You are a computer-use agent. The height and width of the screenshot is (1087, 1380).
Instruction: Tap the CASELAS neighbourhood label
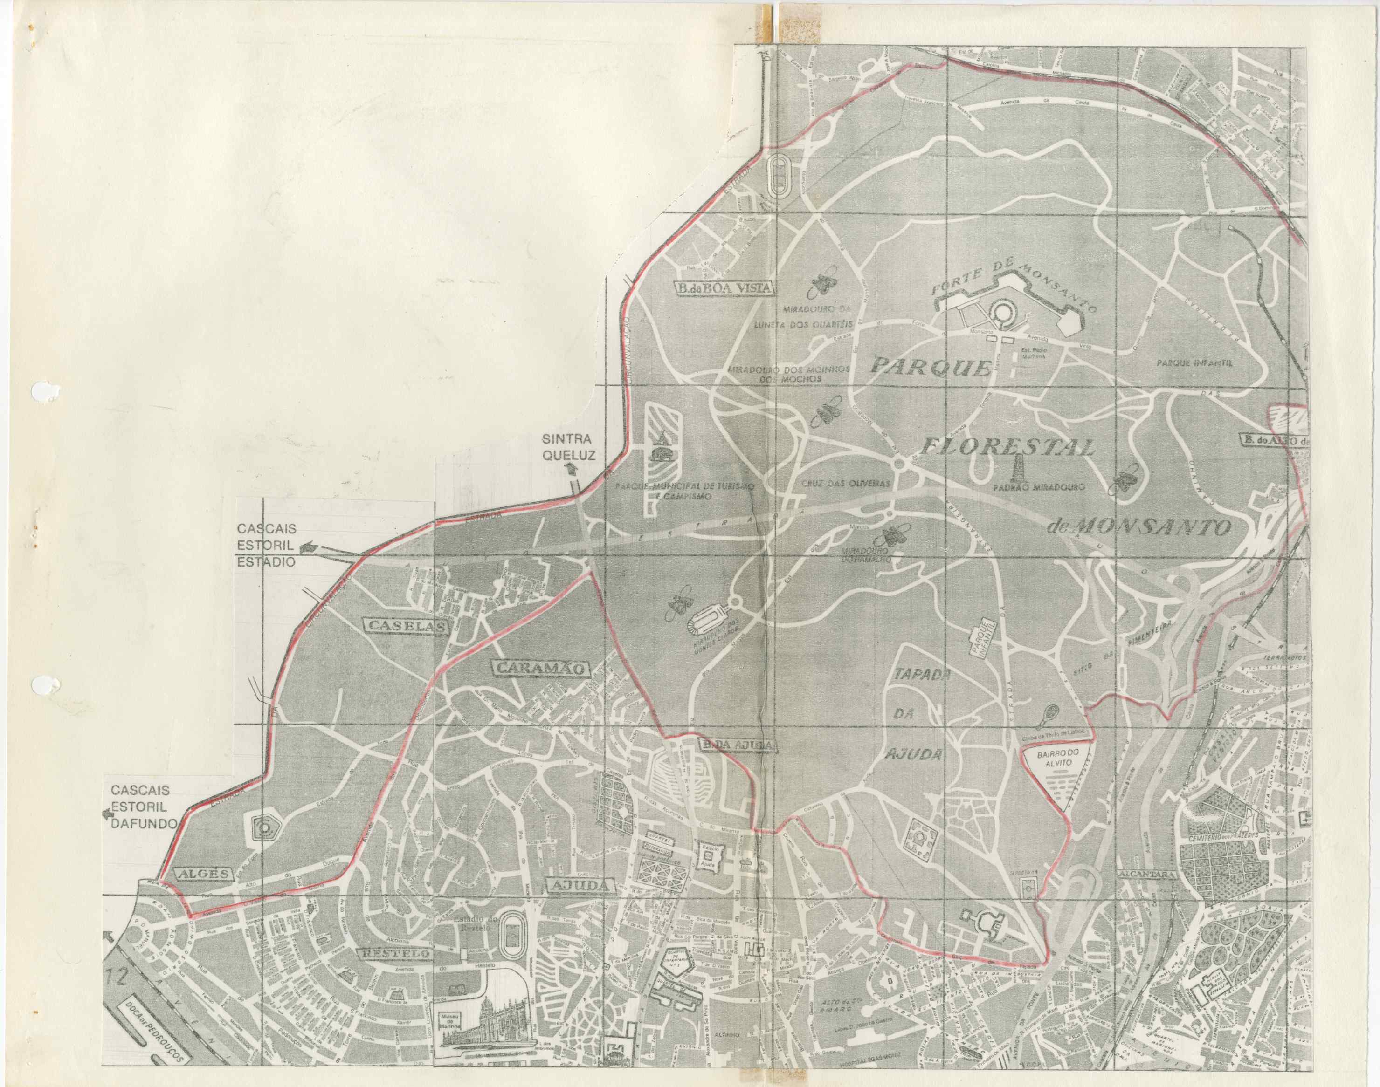[x=406, y=626]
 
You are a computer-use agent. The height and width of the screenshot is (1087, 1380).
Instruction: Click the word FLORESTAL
[x=1007, y=448]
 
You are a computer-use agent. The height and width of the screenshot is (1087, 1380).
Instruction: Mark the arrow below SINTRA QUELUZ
[x=571, y=469]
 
